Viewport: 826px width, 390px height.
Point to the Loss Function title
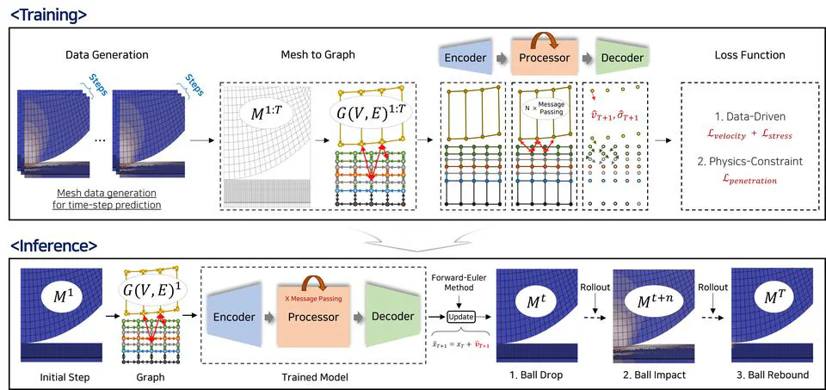tap(749, 55)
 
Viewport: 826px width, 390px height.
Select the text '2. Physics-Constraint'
tap(749, 160)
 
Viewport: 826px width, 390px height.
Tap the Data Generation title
tap(107, 55)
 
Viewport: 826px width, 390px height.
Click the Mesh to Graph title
tap(317, 55)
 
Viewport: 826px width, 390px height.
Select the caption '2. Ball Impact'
tap(657, 375)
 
